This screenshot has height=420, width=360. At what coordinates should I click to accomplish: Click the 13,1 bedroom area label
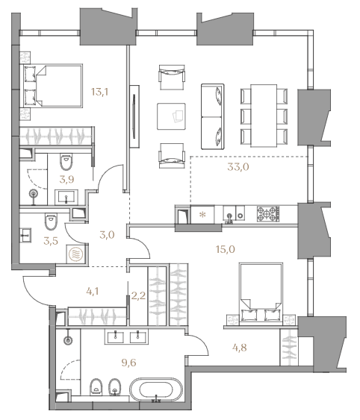click(99, 93)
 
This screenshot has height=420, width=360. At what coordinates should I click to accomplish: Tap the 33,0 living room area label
click(238, 167)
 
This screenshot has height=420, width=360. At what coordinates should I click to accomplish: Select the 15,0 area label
click(226, 249)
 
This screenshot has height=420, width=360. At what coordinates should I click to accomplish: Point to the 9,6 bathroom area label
click(128, 363)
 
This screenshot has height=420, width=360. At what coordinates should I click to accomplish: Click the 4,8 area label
click(240, 348)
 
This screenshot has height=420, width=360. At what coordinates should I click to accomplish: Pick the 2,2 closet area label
click(138, 295)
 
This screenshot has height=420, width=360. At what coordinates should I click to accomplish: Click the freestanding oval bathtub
click(156, 390)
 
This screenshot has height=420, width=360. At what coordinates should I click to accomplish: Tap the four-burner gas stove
click(267, 214)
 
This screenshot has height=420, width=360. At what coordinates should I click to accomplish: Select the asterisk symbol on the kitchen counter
click(203, 215)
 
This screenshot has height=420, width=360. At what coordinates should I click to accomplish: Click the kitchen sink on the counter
click(229, 215)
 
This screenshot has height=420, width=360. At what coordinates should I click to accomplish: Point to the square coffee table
click(171, 116)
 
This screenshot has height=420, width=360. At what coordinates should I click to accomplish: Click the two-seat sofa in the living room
click(212, 116)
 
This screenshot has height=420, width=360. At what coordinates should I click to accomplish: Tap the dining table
click(264, 116)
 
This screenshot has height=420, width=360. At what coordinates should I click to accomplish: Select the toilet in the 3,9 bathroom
click(66, 162)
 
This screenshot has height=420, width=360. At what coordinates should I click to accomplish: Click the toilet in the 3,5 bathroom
click(52, 221)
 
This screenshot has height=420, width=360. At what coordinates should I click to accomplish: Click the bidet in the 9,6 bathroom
click(115, 387)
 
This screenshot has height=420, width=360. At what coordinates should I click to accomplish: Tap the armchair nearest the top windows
click(172, 77)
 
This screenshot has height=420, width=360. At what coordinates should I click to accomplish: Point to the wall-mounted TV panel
click(134, 116)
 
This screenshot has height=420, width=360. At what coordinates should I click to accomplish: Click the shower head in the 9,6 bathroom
click(68, 340)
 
